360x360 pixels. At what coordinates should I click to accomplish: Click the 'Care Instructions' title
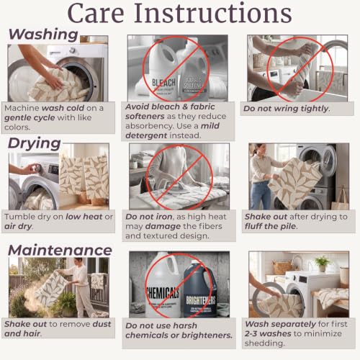point(179,13)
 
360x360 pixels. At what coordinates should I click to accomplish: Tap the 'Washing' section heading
point(43,35)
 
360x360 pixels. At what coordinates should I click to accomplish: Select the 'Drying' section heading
point(35,143)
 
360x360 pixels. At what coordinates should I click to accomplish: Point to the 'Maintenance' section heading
point(60,250)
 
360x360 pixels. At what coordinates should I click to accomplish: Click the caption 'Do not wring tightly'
point(287,109)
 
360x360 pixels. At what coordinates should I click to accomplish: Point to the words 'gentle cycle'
point(30,118)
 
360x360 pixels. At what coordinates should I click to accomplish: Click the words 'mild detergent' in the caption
point(172,131)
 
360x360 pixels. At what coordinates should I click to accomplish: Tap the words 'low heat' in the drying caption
point(84,217)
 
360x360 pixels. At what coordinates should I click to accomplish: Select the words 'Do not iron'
point(149,217)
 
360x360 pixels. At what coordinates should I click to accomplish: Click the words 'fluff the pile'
point(271,226)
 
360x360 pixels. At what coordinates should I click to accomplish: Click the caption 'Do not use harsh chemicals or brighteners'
point(179,330)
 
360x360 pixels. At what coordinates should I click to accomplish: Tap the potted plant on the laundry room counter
point(322,264)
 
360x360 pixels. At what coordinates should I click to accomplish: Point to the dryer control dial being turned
point(37,168)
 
